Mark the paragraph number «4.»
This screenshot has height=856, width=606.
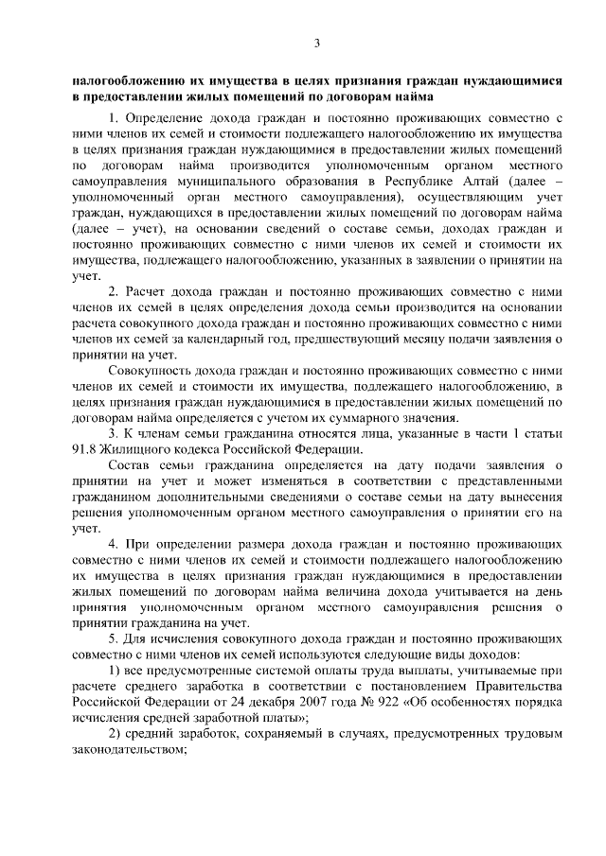pos(114,547)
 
